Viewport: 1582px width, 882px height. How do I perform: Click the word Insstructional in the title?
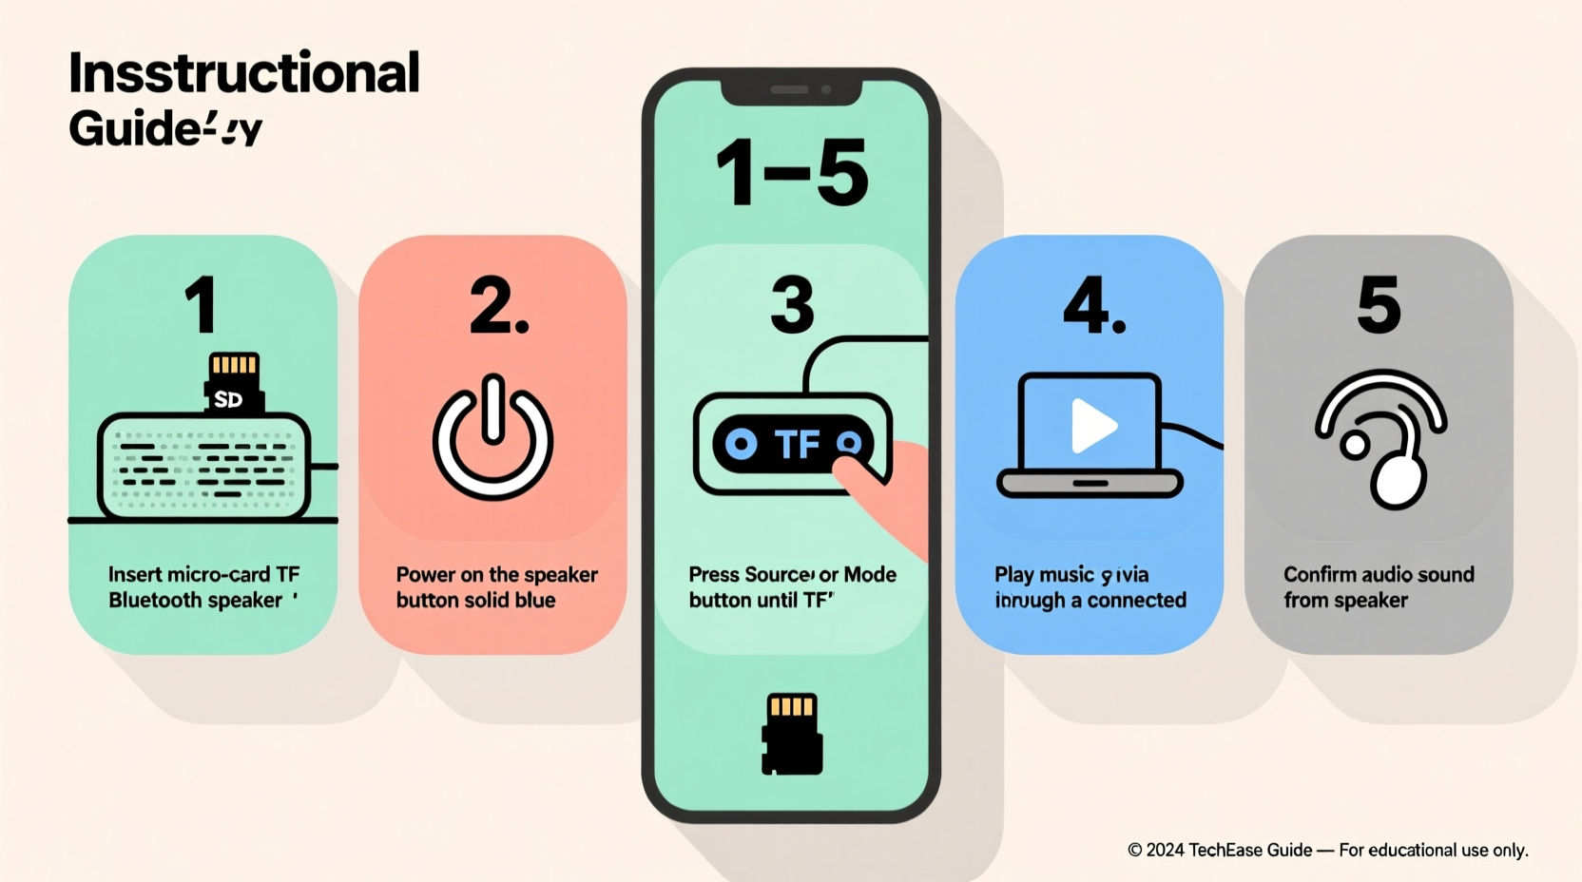click(243, 73)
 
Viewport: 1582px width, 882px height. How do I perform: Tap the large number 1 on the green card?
click(202, 305)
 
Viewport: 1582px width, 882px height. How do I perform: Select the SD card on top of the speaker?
click(233, 383)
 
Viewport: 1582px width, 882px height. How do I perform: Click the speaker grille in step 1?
click(203, 466)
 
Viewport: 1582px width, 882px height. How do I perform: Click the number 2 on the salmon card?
click(497, 306)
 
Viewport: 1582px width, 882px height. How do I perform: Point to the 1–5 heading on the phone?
click(792, 173)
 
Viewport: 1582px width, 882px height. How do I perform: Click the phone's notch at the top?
click(791, 90)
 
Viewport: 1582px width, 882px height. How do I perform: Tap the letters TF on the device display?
click(797, 444)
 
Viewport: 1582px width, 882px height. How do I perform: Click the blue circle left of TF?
click(741, 444)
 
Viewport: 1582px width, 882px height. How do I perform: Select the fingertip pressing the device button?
click(860, 471)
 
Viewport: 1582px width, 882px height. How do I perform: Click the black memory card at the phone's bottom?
click(792, 734)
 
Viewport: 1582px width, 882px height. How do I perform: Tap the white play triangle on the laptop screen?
click(1092, 426)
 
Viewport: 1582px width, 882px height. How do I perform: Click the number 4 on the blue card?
click(1093, 306)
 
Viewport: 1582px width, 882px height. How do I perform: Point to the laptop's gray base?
click(1090, 483)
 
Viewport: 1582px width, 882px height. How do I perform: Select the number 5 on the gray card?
click(1379, 305)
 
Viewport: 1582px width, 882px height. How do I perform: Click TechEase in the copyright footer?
click(1250, 850)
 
